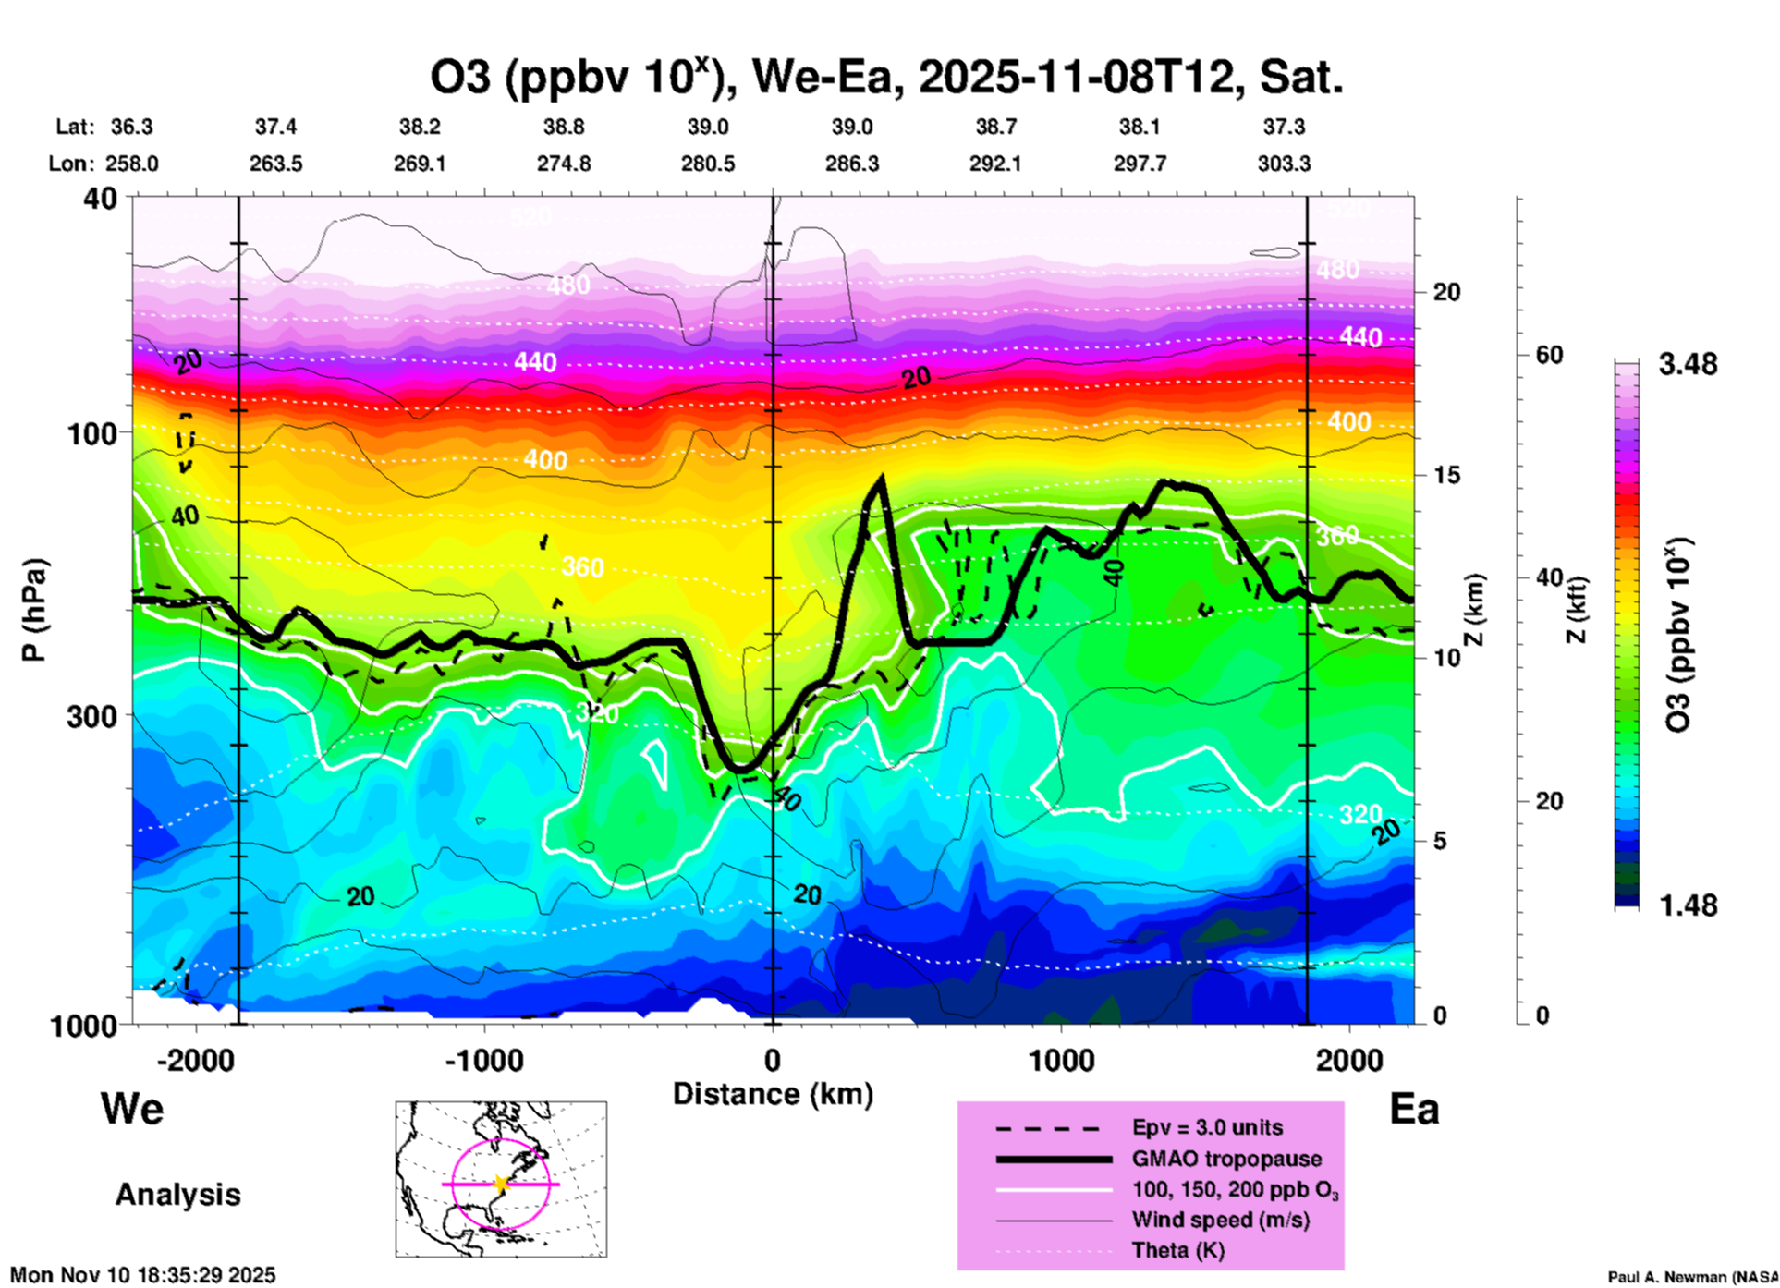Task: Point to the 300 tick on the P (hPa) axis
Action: [93, 716]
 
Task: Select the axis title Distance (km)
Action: [773, 1094]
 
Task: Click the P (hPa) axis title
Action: [34, 610]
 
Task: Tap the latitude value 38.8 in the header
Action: [564, 128]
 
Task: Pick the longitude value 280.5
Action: [708, 164]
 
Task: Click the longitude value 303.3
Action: [1284, 164]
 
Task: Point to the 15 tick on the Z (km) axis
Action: [1447, 475]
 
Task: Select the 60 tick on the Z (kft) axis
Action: [1550, 355]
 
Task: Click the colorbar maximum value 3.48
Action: [1688, 365]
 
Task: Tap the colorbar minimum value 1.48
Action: [1688, 905]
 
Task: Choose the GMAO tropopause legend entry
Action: [1226, 1159]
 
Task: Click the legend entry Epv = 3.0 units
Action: [1207, 1128]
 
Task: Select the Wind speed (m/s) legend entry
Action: [1220, 1221]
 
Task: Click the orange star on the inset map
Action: [501, 1184]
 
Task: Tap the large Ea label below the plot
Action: [1414, 1110]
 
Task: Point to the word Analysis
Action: [177, 1195]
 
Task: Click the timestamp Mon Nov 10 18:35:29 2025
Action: [142, 1275]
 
